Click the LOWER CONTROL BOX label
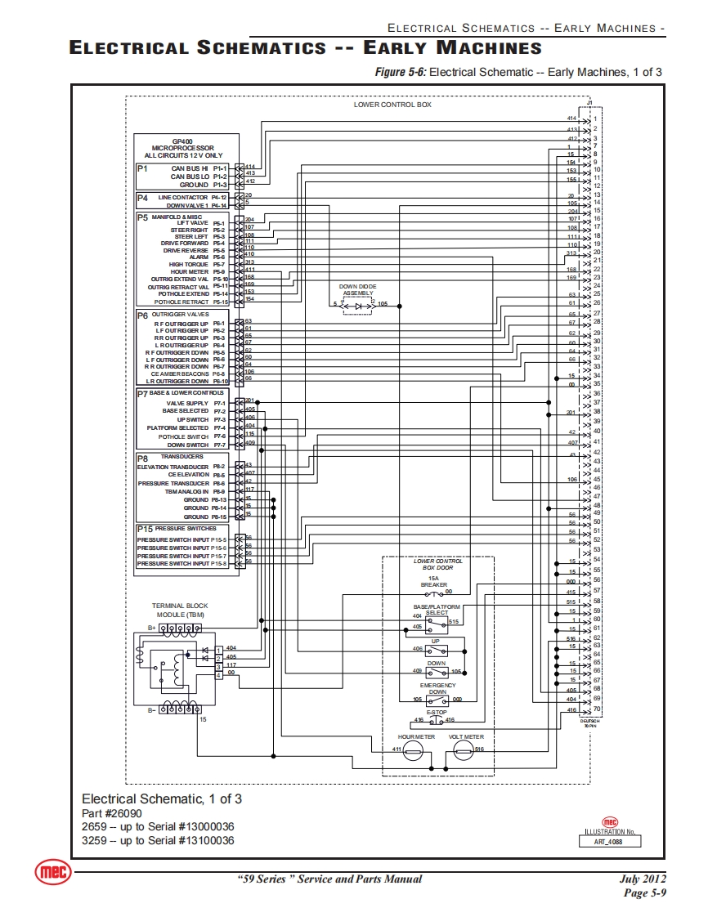pos(392,105)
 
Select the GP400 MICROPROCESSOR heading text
pos(183,148)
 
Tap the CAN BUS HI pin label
pos(190,168)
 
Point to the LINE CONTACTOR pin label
pos(183,197)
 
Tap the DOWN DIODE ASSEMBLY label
pos(357,289)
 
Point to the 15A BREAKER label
pos(434,581)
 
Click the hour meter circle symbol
pos(413,753)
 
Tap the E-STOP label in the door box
pos(437,712)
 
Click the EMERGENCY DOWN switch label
pos(438,688)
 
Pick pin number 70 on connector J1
pos(597,708)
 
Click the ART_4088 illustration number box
pos(611,841)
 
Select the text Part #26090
pos(112,814)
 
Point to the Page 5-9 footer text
pos(645,892)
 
